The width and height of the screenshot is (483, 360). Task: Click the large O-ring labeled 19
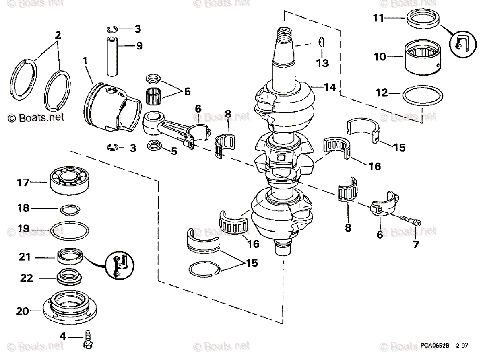[70, 230]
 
